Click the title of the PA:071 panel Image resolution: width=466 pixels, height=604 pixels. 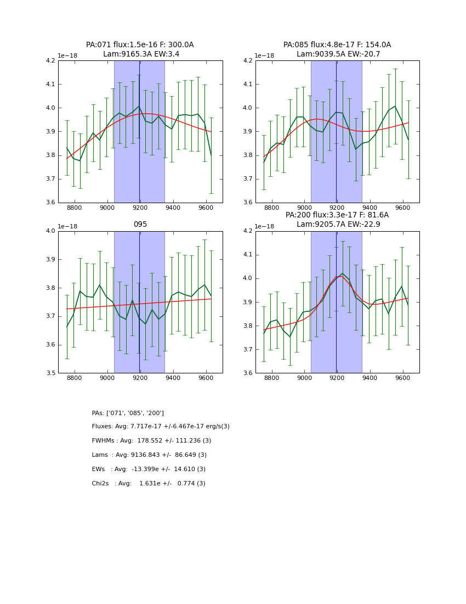(x=140, y=49)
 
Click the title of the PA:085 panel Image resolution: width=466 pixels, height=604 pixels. (x=337, y=49)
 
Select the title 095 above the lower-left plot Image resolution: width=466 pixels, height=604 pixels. (x=140, y=225)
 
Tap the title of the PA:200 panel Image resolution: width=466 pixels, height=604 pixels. (x=337, y=220)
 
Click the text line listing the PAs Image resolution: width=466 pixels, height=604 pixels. (x=128, y=413)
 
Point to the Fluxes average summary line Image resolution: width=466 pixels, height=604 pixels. (x=161, y=427)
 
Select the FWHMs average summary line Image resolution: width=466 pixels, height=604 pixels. (x=151, y=441)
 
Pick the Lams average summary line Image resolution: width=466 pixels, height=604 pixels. (x=149, y=455)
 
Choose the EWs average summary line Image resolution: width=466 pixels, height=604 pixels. (x=149, y=469)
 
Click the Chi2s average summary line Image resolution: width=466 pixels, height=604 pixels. (x=149, y=484)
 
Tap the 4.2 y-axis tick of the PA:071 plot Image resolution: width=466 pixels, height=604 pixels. (x=50, y=61)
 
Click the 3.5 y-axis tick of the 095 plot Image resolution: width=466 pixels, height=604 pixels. (x=50, y=373)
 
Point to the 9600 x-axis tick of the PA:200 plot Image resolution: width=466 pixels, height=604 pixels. (x=402, y=379)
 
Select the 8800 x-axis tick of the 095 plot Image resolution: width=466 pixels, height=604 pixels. (x=74, y=379)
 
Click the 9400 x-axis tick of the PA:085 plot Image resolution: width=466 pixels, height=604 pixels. (x=370, y=209)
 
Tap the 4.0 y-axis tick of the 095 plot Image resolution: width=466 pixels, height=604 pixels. (x=50, y=231)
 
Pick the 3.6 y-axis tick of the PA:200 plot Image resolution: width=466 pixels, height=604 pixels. (x=248, y=373)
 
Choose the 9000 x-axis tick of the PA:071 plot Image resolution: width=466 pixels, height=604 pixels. (x=107, y=209)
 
